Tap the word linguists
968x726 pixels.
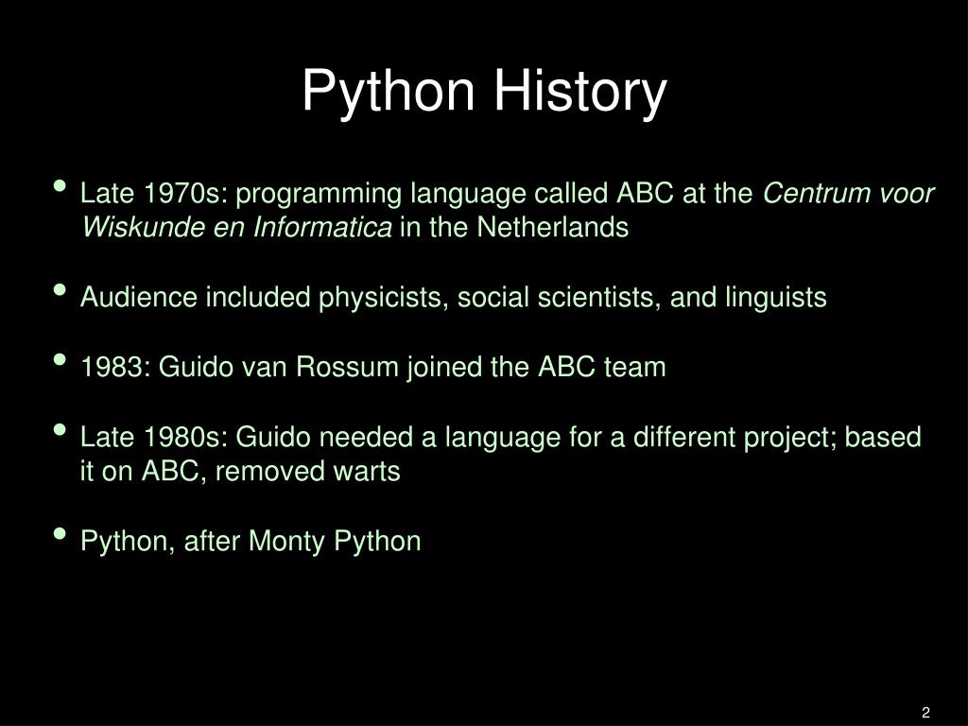(776, 298)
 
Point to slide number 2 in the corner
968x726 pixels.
(925, 712)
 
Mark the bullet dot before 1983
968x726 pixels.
(61, 360)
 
